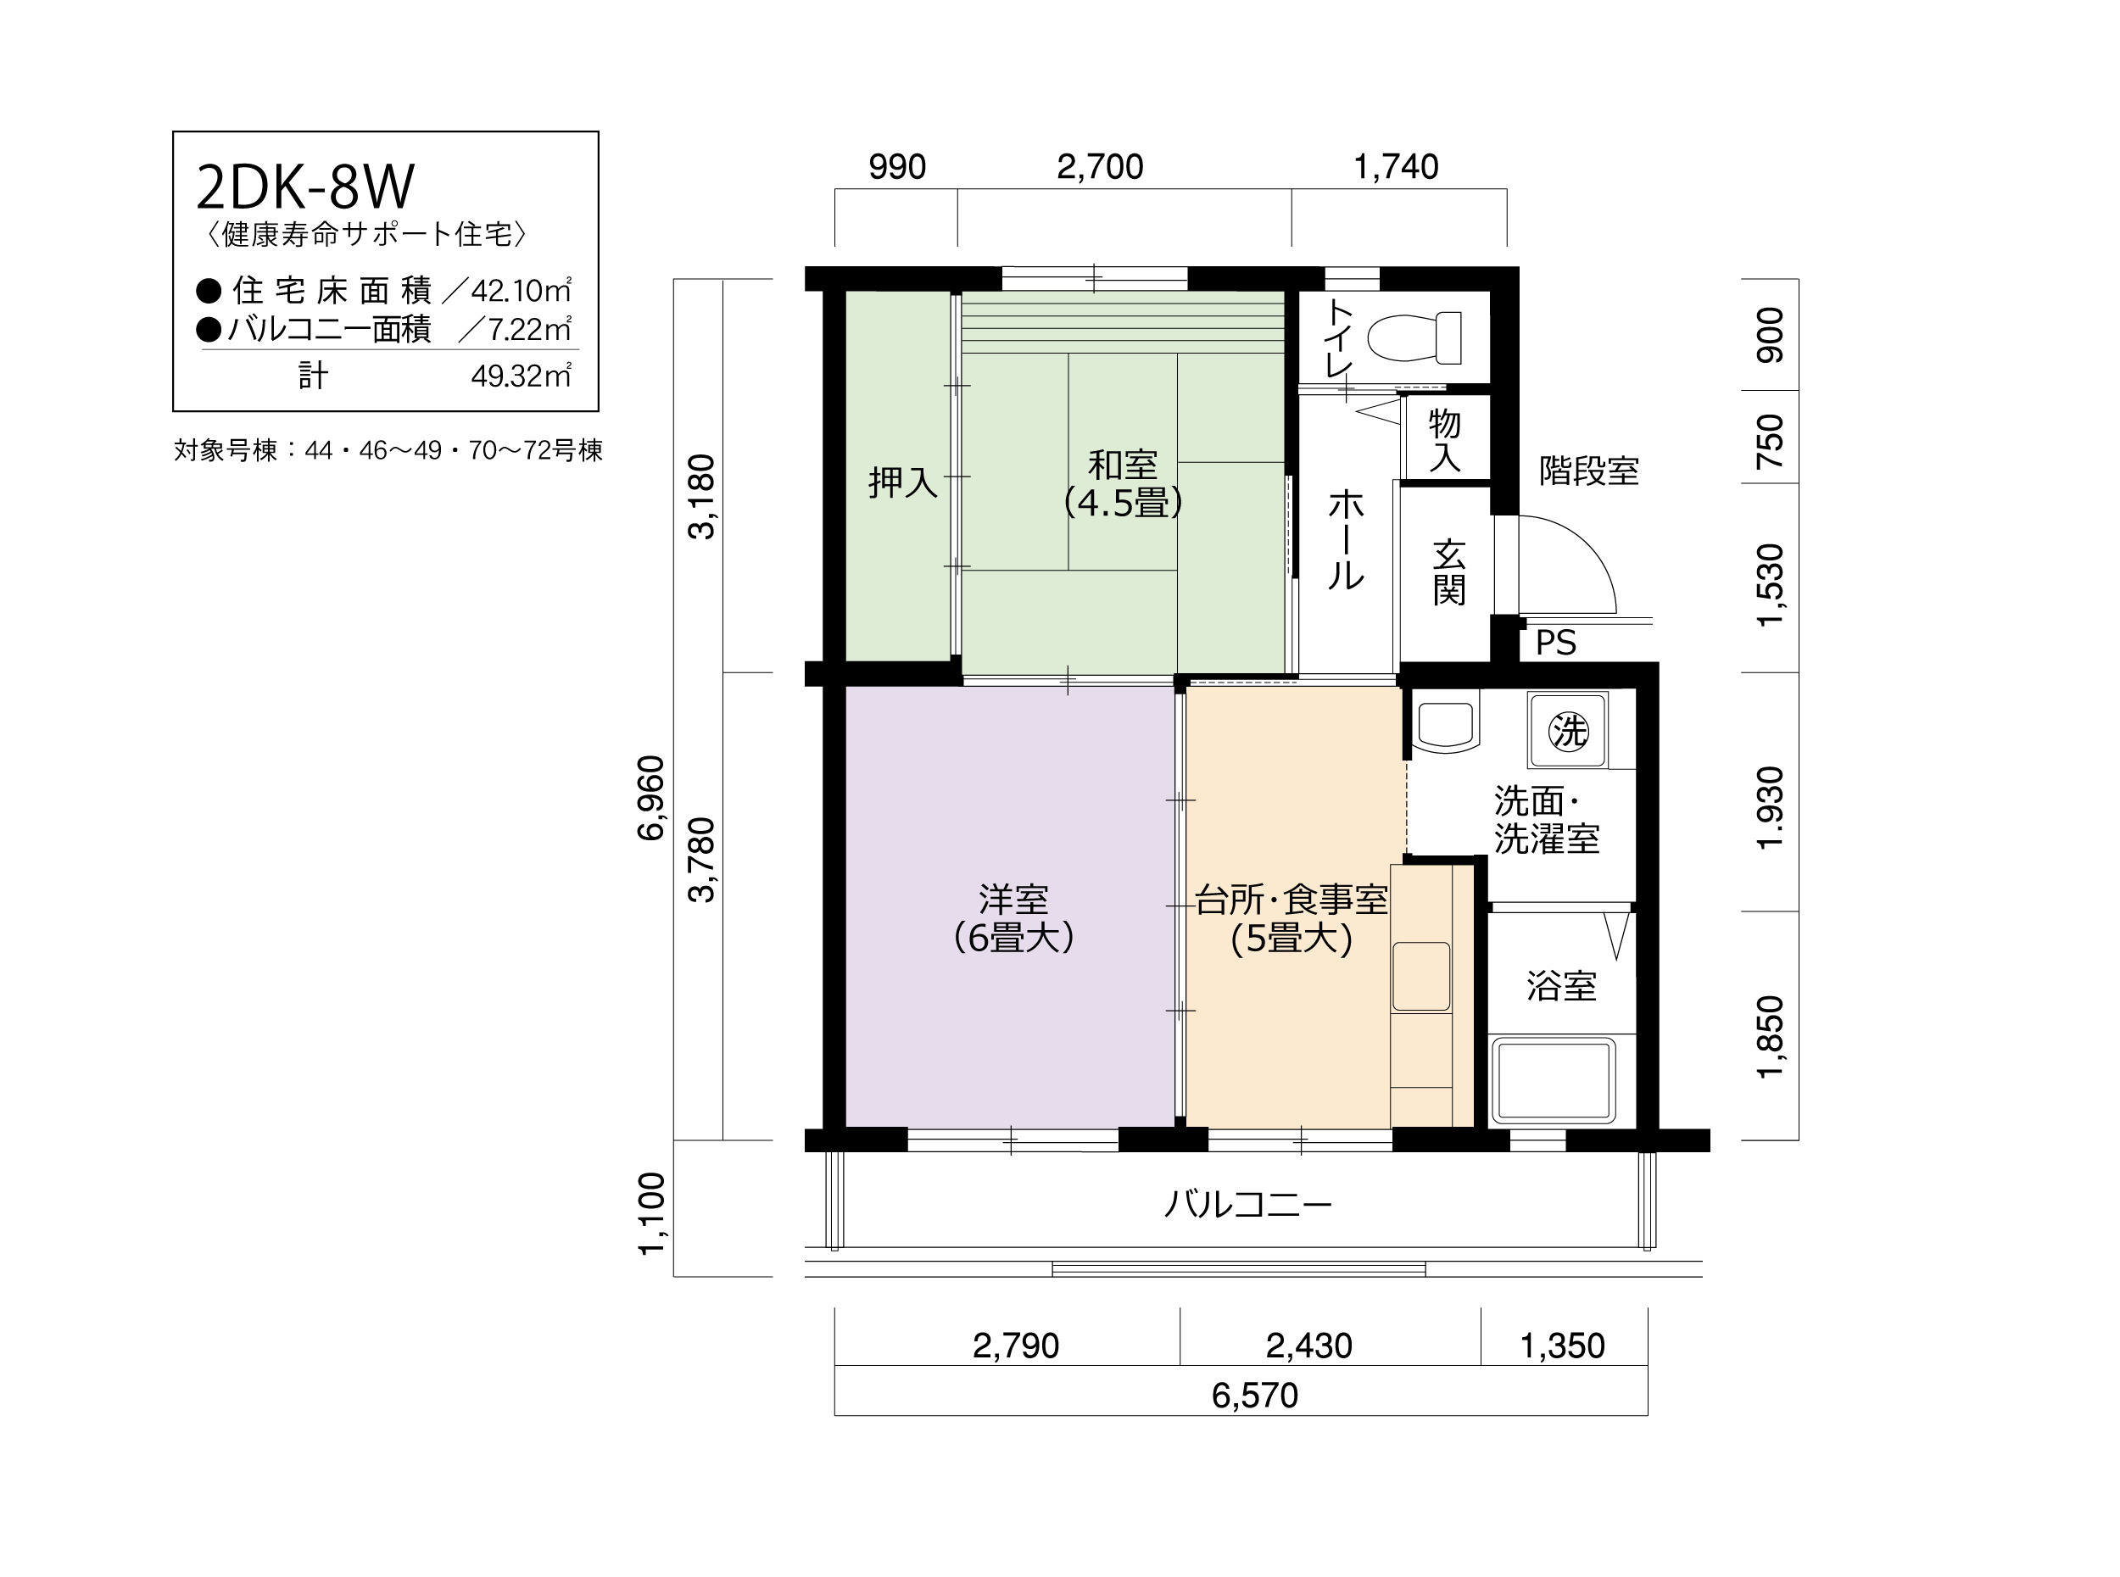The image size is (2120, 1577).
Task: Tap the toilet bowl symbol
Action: tap(1414, 337)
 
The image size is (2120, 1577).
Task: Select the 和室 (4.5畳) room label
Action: tap(1124, 484)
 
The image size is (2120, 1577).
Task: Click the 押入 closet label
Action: tap(903, 483)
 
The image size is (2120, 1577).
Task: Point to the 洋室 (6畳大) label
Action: tap(1013, 919)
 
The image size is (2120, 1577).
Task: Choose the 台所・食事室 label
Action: tap(1292, 900)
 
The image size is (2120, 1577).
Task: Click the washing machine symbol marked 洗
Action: tap(1568, 730)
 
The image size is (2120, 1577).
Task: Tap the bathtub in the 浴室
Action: tap(1553, 1081)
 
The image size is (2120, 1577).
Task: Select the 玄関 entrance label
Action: tap(1449, 573)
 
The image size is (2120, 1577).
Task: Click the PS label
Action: tap(1556, 644)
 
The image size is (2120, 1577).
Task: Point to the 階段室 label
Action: tap(1588, 471)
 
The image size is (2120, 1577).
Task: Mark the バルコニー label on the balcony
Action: tap(1247, 1205)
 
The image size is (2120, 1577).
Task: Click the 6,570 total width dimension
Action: tap(1254, 1396)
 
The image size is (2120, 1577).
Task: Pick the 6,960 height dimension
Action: tap(651, 797)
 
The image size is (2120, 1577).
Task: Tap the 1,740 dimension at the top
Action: tap(1396, 167)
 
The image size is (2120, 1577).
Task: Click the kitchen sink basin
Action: tap(1421, 977)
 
